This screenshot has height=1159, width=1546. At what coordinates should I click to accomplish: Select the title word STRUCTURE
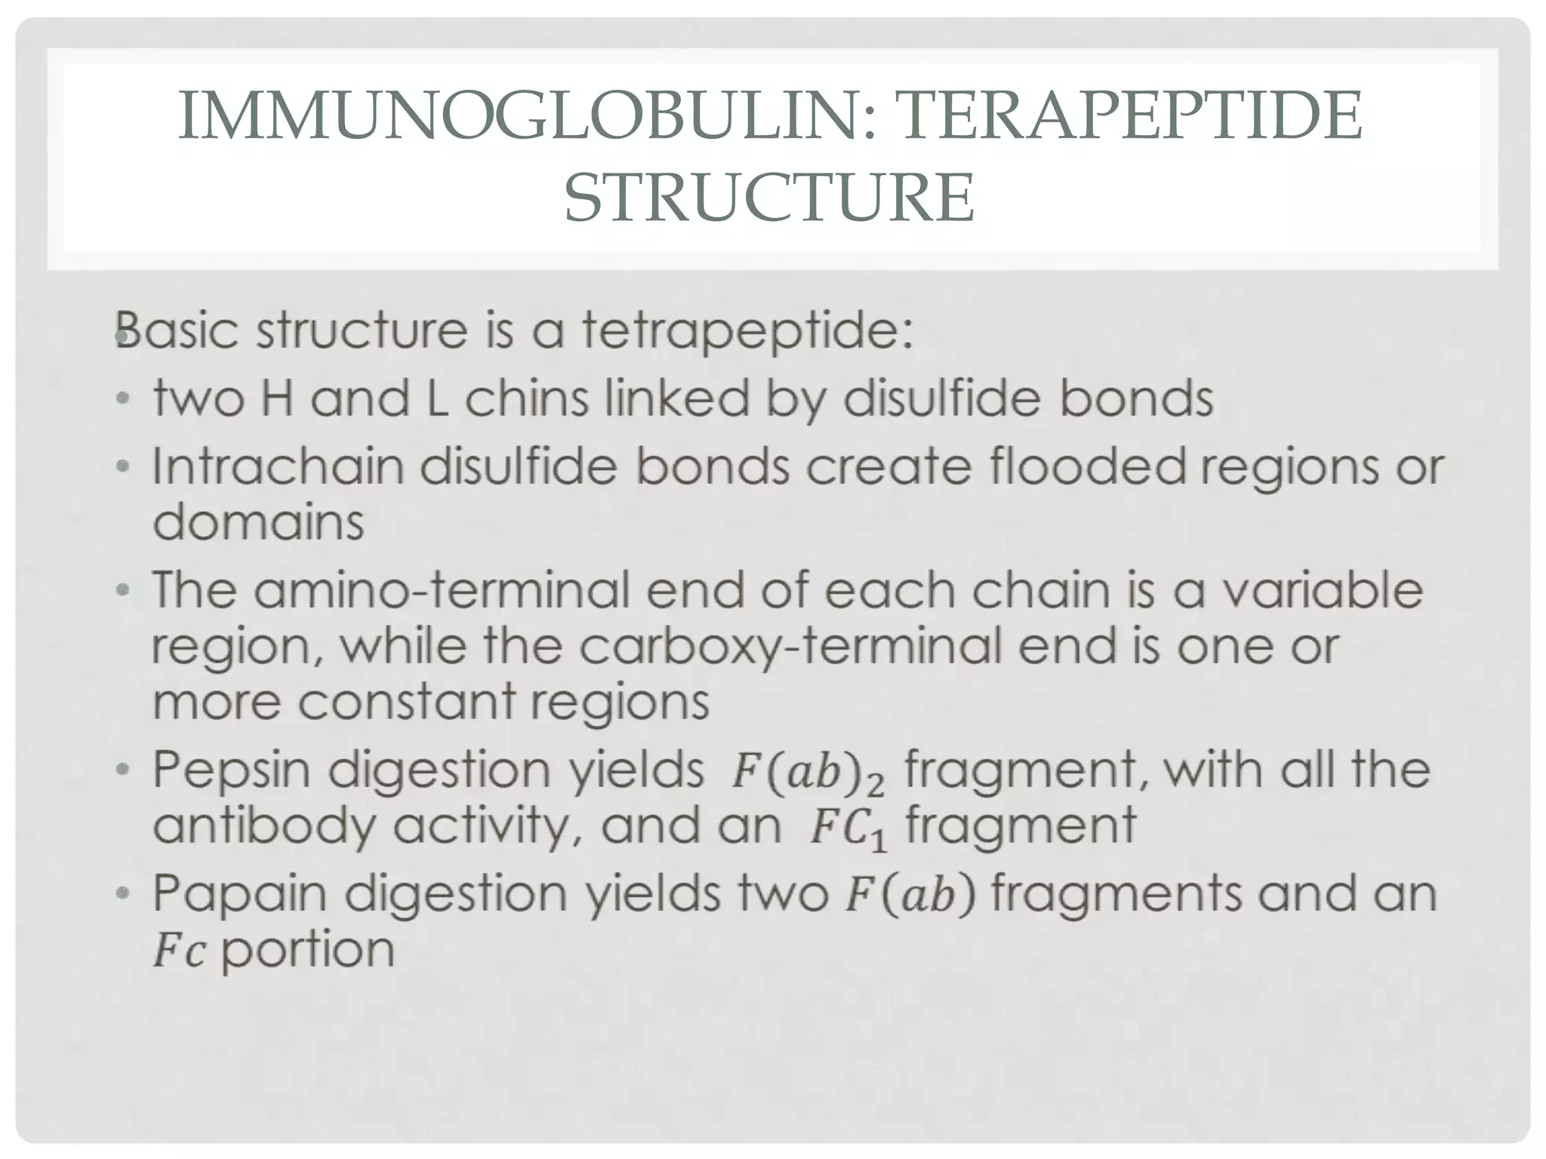[x=769, y=197]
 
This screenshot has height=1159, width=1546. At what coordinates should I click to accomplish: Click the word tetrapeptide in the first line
[x=747, y=331]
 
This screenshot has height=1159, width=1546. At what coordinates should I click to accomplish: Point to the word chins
[x=525, y=398]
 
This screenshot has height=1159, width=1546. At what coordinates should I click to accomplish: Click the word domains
[x=258, y=521]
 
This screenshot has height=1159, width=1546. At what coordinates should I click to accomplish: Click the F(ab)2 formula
[x=807, y=773]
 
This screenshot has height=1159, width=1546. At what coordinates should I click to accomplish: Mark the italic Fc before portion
[x=179, y=950]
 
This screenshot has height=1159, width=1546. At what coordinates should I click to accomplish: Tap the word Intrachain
[x=279, y=466]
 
